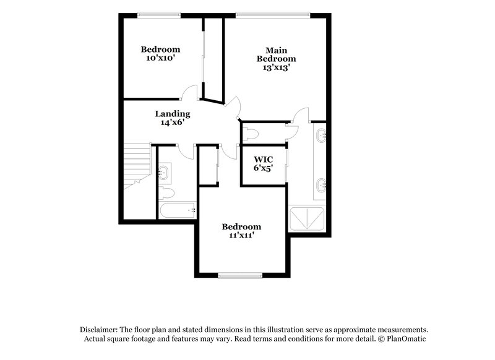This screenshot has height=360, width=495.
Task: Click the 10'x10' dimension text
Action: tap(160, 59)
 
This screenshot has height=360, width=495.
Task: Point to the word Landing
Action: tap(172, 114)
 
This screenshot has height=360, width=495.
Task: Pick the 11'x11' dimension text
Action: tap(241, 236)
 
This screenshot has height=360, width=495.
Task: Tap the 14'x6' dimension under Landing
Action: tap(172, 122)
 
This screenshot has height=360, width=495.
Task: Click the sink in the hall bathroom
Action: tap(165, 173)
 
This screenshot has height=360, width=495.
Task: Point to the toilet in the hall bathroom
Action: tap(168, 193)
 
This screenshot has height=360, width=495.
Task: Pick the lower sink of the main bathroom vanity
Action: tap(321, 184)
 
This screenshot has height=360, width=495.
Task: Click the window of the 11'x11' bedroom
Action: tap(240, 275)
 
